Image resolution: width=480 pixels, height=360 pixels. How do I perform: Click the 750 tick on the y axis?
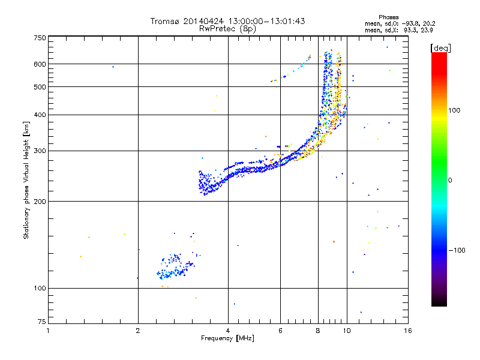pos(40,37)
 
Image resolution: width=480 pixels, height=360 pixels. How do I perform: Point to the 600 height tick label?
pos(40,64)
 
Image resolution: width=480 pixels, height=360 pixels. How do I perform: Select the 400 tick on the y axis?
pos(40,115)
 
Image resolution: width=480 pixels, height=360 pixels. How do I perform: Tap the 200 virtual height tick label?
pos(40,201)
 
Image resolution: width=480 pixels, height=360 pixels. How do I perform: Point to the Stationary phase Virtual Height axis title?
pos(26,180)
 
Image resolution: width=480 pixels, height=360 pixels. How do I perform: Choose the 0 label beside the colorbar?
pos(452,180)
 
